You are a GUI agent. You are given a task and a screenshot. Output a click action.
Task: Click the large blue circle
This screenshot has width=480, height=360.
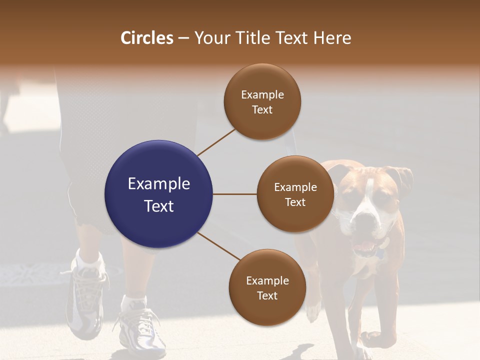(158, 194)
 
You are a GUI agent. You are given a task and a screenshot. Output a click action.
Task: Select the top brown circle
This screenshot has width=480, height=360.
(262, 101)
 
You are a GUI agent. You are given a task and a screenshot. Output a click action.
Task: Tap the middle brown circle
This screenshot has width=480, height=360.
(295, 194)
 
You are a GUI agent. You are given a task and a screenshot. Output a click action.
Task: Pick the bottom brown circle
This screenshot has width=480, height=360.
(267, 287)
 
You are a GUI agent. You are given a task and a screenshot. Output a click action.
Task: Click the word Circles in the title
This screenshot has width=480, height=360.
(147, 38)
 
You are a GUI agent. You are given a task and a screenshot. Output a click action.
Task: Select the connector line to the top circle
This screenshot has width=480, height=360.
(216, 142)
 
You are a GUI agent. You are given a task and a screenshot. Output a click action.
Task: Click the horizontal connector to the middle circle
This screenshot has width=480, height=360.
(234, 194)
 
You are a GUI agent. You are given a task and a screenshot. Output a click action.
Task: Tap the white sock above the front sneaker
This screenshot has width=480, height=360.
(134, 302)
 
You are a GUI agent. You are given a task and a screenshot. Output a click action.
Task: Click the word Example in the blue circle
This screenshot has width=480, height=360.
(158, 183)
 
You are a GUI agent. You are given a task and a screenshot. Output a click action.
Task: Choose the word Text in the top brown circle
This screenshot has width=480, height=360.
(262, 109)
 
